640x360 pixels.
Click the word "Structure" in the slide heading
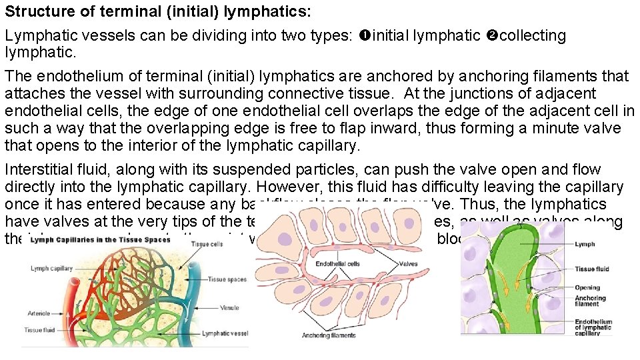tap(34, 11)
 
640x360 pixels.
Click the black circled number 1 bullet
tap(364, 35)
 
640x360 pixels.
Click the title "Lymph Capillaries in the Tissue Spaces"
tap(91, 239)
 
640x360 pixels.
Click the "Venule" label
tap(229, 308)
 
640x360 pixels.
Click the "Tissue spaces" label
tap(227, 279)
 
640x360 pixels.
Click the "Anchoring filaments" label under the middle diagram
tap(329, 335)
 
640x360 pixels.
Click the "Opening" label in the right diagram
tap(587, 288)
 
